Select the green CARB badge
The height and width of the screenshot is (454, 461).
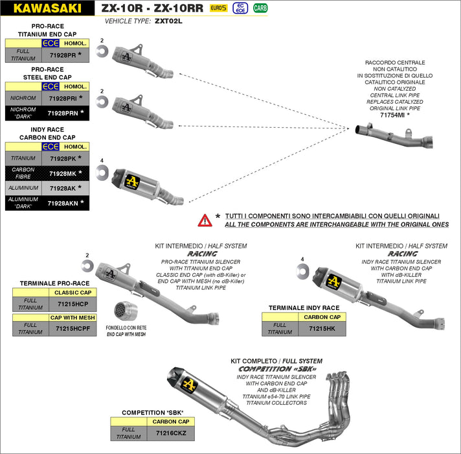[260, 8]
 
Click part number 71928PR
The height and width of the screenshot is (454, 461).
[63, 56]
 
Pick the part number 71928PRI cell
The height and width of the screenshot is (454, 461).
[63, 99]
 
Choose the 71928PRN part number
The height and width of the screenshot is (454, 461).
[63, 113]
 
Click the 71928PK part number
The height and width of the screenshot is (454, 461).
[63, 158]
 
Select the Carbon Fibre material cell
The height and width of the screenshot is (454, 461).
[23, 173]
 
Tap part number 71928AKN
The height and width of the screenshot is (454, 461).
[63, 203]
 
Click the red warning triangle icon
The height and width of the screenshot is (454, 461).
[205, 220]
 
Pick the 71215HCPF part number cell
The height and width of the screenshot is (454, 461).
[72, 329]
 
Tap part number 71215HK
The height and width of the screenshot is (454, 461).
[322, 329]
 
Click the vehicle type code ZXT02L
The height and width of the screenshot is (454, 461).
[169, 21]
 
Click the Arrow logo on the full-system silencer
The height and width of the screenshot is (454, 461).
[190, 384]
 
